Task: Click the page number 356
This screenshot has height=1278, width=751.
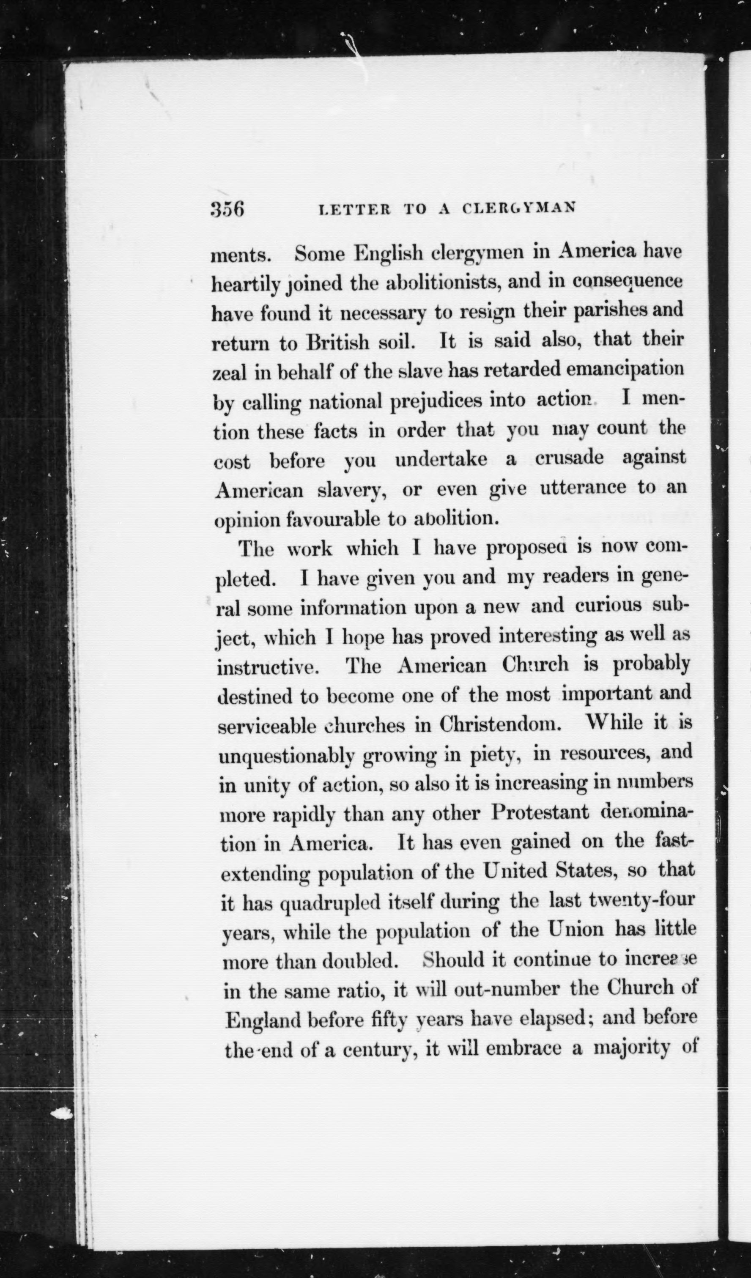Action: pyautogui.click(x=227, y=208)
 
